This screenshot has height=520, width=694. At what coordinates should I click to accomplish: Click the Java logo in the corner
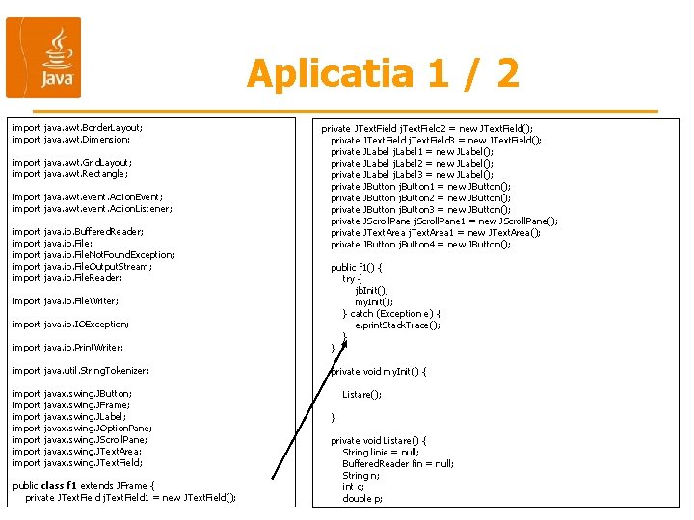pyautogui.click(x=43, y=58)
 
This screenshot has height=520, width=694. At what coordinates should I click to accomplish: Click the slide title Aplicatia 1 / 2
pyautogui.click(x=383, y=73)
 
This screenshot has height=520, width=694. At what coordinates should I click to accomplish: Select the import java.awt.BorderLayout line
pyautogui.click(x=77, y=127)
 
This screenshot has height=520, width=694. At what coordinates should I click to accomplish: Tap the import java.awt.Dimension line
pyautogui.click(x=71, y=139)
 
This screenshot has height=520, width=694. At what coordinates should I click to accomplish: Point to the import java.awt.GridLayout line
pyautogui.click(x=72, y=162)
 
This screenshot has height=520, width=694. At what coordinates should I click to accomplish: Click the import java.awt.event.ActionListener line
pyautogui.click(x=93, y=208)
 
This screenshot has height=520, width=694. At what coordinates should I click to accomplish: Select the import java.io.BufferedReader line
pyautogui.click(x=78, y=231)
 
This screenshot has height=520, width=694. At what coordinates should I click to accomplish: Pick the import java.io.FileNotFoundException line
pyautogui.click(x=93, y=254)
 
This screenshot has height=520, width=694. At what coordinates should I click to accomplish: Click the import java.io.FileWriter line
pyautogui.click(x=67, y=300)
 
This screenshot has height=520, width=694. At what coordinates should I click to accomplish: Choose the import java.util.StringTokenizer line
pyautogui.click(x=81, y=370)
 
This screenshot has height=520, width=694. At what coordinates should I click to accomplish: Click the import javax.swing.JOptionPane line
pyautogui.click(x=82, y=428)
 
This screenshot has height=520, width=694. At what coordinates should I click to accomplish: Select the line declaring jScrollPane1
pyautogui.click(x=444, y=221)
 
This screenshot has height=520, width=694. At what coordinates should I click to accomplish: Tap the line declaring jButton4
pyautogui.click(x=420, y=244)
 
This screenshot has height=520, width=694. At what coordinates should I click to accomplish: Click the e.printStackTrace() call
pyautogui.click(x=397, y=325)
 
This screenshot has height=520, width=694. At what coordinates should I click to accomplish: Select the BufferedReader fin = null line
pyautogui.click(x=398, y=463)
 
